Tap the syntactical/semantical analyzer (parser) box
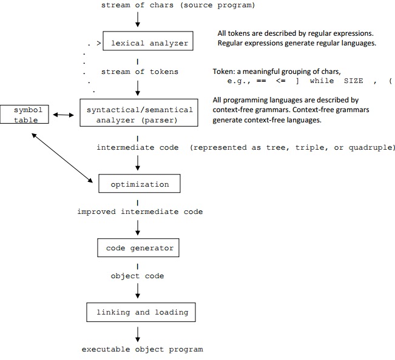pyautogui.click(x=140, y=115)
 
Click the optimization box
pyautogui.click(x=140, y=184)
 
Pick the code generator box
pyautogui.click(x=140, y=248)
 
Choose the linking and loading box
pyautogui.click(x=142, y=313)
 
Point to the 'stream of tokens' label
pyautogui.click(x=140, y=72)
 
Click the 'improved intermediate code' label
pyautogui.click(x=140, y=212)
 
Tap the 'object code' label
pyautogui.click(x=137, y=276)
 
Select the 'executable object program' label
pyautogui.click(x=142, y=349)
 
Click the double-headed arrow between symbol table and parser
pyautogui.click(x=63, y=113)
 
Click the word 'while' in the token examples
pyautogui.click(x=322, y=81)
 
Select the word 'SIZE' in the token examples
pyautogui.click(x=353, y=81)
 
